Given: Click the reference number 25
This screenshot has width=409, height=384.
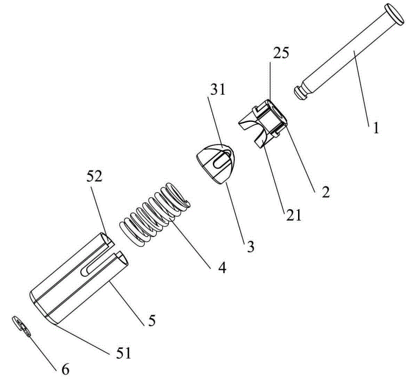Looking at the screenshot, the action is [281, 53].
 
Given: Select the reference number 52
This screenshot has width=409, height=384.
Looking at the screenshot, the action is [95, 177].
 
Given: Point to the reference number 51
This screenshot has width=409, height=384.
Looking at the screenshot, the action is [123, 353].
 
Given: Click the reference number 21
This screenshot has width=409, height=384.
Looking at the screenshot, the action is [293, 215].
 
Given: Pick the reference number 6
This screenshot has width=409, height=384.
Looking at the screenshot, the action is [65, 370].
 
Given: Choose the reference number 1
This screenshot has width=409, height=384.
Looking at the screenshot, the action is [376, 129].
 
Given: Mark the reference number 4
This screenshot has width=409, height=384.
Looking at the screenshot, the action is [222, 267].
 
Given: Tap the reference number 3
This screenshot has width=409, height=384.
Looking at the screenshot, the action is [251, 246].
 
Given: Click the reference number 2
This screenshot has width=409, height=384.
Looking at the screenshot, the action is [326, 192].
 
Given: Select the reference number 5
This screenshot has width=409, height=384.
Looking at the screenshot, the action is [152, 320].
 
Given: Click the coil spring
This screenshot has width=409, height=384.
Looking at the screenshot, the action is [155, 215].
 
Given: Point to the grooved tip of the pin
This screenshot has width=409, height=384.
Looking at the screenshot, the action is [301, 93].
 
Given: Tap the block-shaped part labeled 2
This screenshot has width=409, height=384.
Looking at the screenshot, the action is [263, 123].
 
